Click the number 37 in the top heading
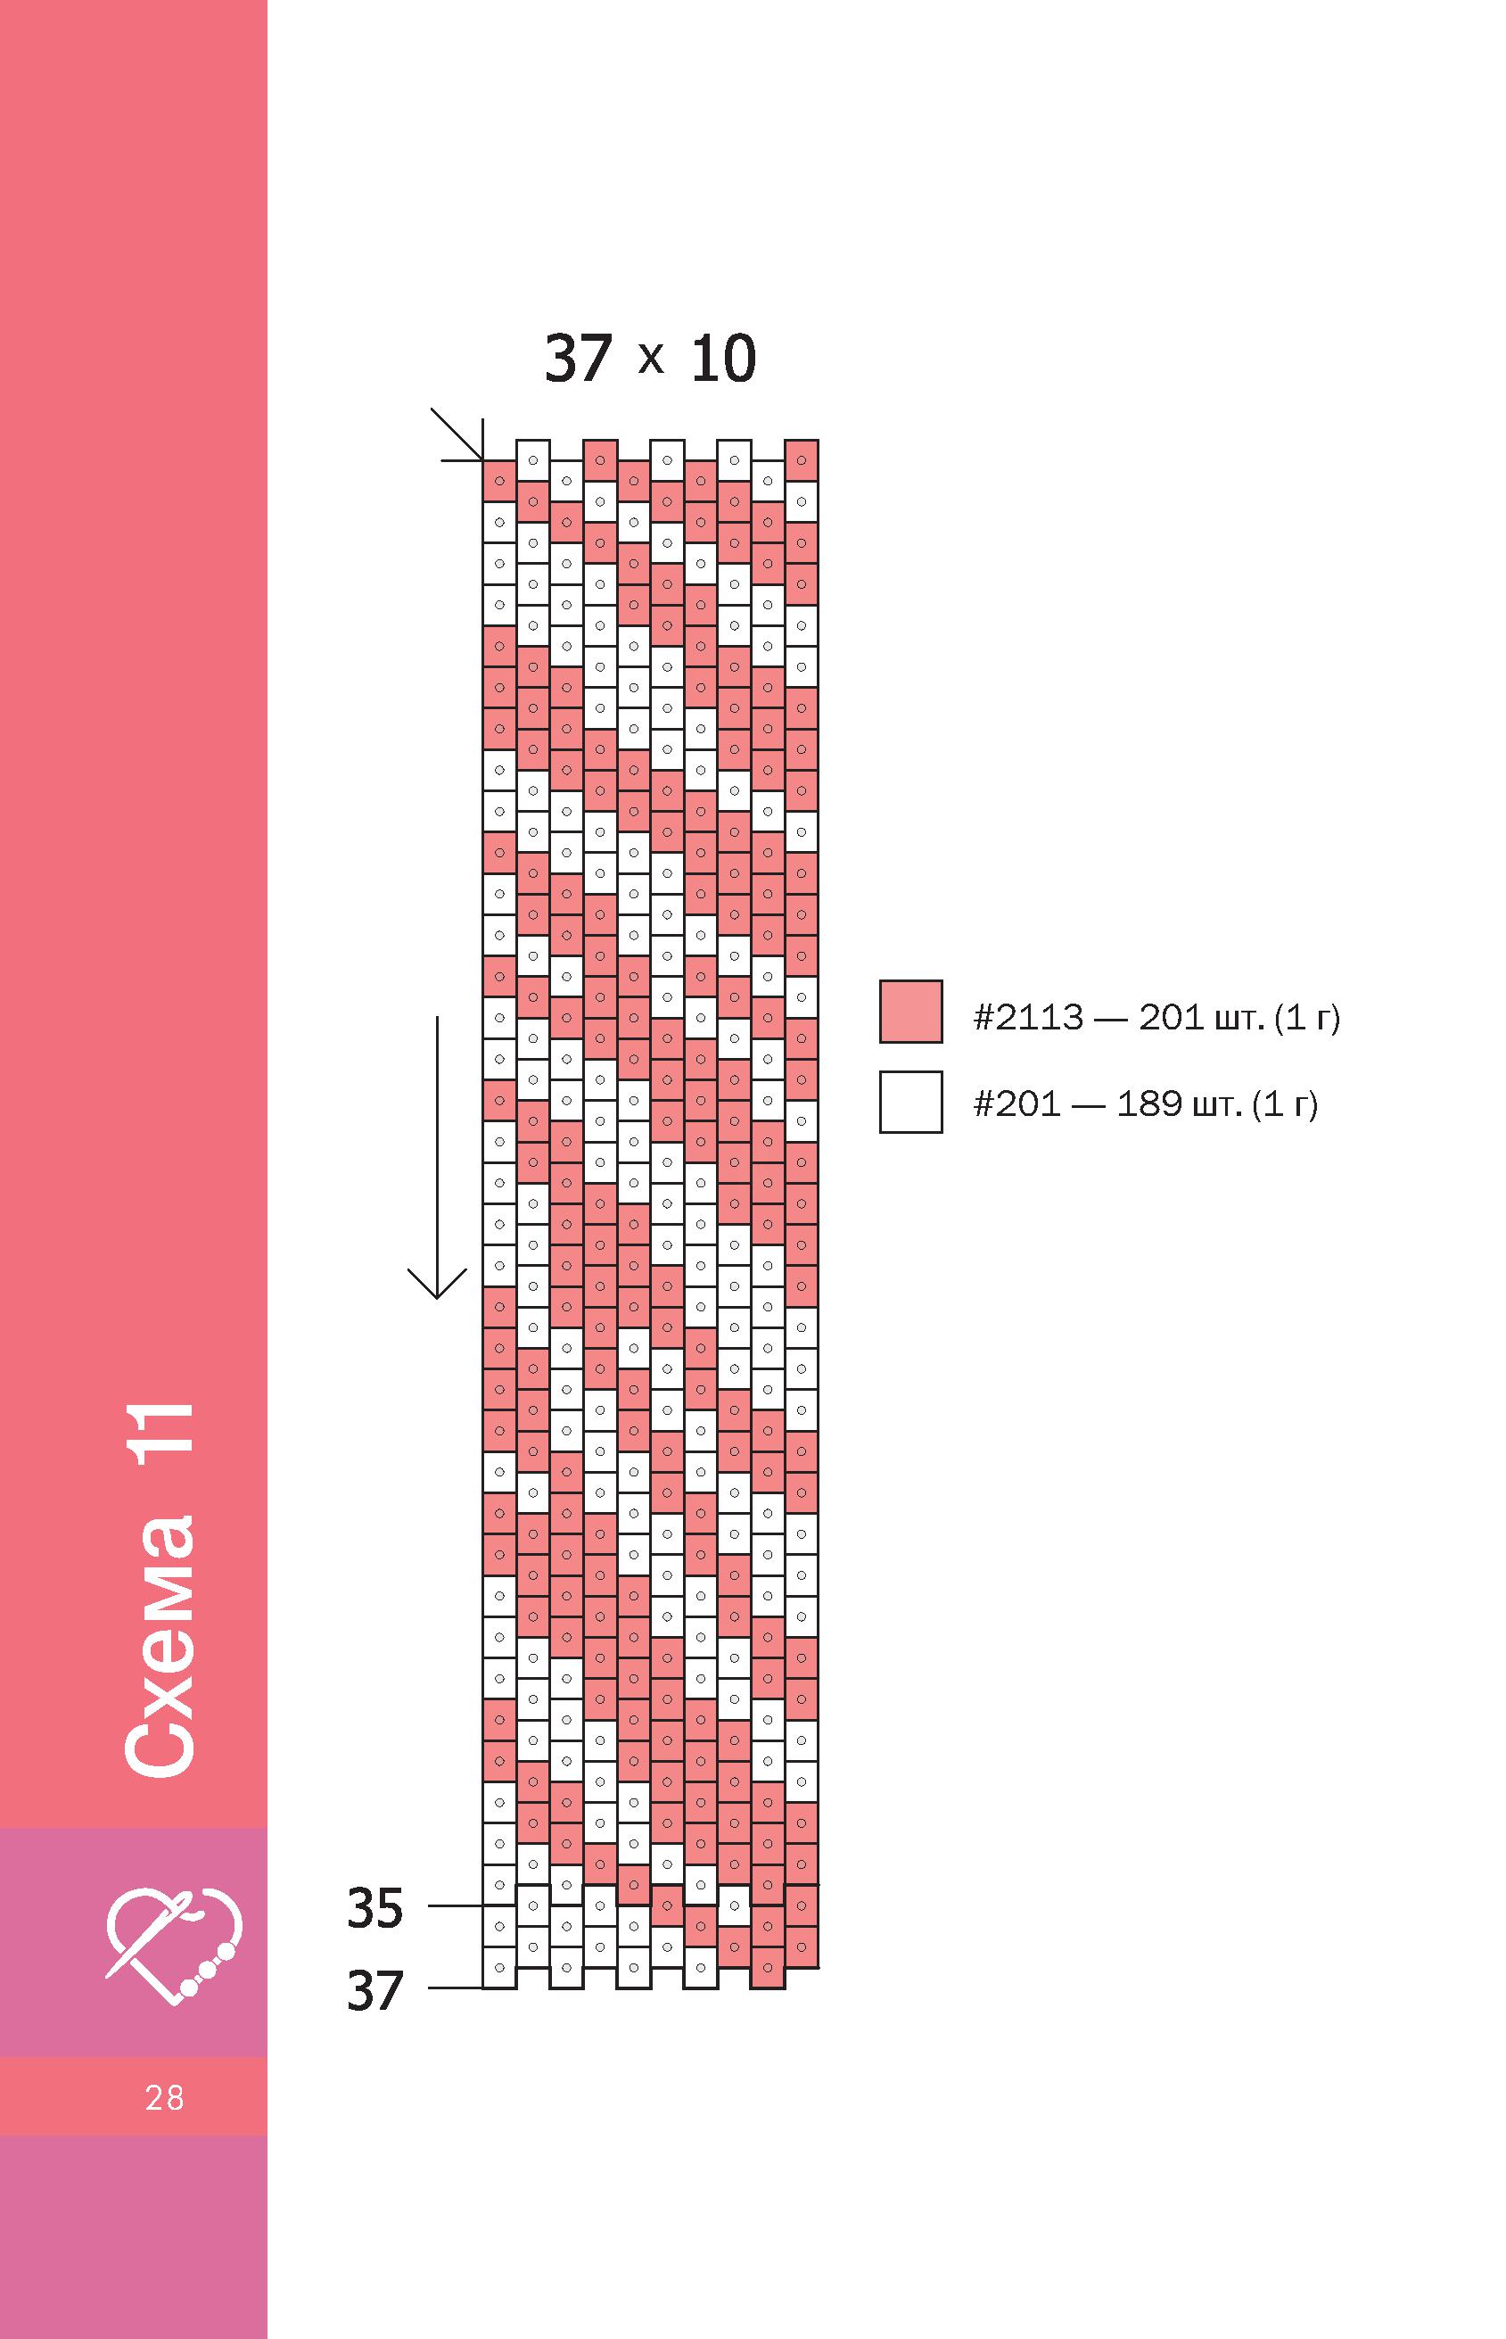[578, 358]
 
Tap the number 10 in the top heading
[723, 358]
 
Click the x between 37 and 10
[650, 359]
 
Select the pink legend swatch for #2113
[910, 1011]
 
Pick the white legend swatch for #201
[910, 1102]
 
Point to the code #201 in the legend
[1017, 1104]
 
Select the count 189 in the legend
[1149, 1104]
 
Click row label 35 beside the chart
[374, 1907]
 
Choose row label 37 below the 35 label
[374, 1991]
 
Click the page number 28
[164, 2097]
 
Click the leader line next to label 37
[456, 1988]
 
